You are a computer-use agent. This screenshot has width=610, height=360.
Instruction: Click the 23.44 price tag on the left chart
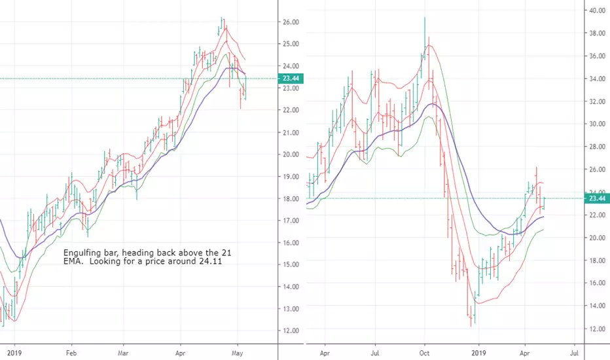click(x=291, y=79)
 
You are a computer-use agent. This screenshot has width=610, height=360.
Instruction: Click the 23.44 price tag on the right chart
click(x=597, y=198)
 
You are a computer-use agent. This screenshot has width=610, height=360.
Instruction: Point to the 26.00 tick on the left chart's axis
click(x=291, y=22)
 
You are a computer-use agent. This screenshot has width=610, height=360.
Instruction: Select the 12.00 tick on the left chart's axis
click(x=291, y=331)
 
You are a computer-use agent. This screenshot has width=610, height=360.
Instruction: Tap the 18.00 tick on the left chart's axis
click(x=291, y=199)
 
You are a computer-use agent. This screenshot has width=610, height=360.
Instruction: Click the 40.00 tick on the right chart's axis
click(x=597, y=10)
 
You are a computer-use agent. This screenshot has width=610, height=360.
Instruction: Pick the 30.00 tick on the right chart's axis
click(x=597, y=124)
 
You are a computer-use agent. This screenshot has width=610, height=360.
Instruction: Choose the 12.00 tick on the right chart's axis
click(x=597, y=329)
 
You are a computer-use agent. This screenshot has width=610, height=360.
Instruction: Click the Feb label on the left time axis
click(x=71, y=353)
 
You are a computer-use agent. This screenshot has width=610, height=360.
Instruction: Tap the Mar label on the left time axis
click(x=123, y=353)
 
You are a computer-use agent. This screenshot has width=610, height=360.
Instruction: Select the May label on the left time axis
click(x=238, y=353)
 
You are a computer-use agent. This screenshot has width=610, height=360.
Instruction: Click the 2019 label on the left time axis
click(x=14, y=353)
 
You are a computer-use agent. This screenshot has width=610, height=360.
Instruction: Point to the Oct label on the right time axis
click(x=424, y=353)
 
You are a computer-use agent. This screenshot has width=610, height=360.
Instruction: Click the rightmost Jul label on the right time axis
click(x=574, y=353)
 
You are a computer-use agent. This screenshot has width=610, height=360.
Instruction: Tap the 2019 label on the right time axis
click(x=478, y=353)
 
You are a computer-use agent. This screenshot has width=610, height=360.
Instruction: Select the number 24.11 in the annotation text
click(x=211, y=261)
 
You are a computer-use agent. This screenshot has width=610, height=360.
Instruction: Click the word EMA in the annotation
click(x=73, y=261)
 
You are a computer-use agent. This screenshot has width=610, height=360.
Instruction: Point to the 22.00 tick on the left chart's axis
click(x=291, y=110)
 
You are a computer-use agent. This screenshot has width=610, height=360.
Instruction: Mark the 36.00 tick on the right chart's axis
click(x=597, y=56)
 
